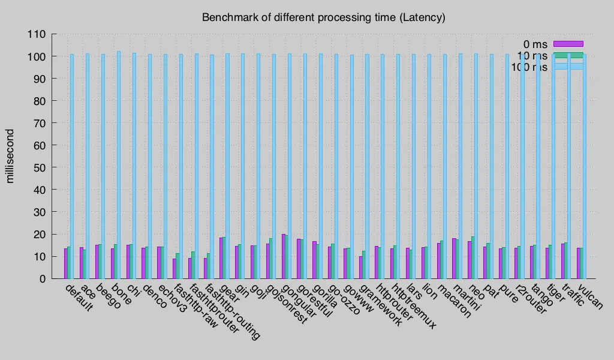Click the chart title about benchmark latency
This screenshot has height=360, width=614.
click(323, 17)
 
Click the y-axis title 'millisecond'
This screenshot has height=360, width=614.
click(10, 155)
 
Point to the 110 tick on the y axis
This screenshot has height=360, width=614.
click(40, 34)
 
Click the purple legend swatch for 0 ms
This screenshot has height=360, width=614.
click(567, 44)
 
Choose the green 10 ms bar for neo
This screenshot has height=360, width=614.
click(472, 257)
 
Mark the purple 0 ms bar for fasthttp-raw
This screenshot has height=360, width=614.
click(174, 268)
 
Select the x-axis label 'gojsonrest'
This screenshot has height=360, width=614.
click(287, 304)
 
